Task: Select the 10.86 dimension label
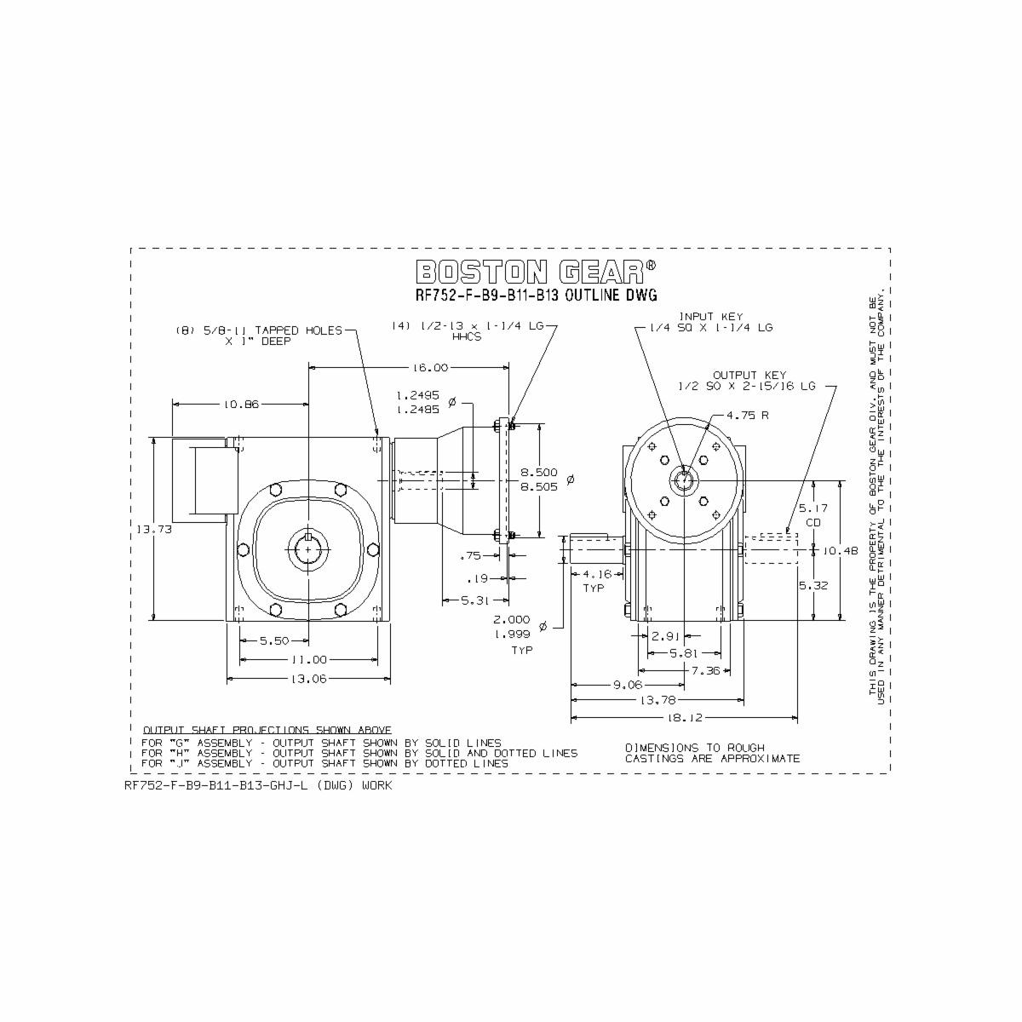[241, 405]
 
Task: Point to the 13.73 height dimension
[150, 530]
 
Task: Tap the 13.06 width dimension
[308, 679]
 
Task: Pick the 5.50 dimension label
[274, 640]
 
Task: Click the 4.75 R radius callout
[748, 416]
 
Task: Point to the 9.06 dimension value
[628, 684]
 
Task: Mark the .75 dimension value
[469, 555]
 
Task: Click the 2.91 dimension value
[665, 635]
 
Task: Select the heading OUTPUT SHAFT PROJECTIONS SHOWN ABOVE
[267, 730]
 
